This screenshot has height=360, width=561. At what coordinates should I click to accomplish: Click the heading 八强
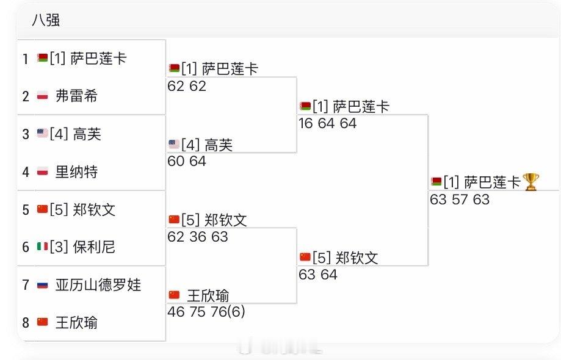[46, 20]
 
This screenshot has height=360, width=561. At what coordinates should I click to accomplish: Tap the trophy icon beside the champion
[531, 182]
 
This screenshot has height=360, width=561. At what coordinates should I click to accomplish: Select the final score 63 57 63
[460, 200]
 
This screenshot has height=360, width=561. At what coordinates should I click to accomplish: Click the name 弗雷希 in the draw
[76, 96]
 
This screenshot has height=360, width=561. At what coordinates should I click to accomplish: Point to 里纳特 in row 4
[76, 172]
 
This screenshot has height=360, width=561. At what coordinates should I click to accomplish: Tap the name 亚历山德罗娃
[98, 285]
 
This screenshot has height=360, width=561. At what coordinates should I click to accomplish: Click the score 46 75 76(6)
[206, 312]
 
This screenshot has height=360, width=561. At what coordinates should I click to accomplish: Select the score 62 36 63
[198, 236]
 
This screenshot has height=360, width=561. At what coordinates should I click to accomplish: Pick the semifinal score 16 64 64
[328, 123]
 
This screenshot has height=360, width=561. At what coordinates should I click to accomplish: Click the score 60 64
[187, 161]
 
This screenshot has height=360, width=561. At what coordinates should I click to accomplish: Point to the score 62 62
[187, 86]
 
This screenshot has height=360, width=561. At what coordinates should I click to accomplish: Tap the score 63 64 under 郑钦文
[318, 275]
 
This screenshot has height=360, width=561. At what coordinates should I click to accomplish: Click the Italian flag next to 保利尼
[42, 247]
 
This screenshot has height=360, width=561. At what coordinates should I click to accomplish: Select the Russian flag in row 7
[42, 285]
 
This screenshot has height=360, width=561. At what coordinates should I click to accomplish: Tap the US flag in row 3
[42, 134]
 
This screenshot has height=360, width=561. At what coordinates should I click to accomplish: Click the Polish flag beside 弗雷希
[42, 96]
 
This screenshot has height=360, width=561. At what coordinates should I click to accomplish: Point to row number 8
[26, 323]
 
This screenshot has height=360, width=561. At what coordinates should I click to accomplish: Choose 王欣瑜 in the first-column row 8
[76, 323]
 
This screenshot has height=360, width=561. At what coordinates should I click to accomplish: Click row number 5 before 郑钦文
[26, 210]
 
